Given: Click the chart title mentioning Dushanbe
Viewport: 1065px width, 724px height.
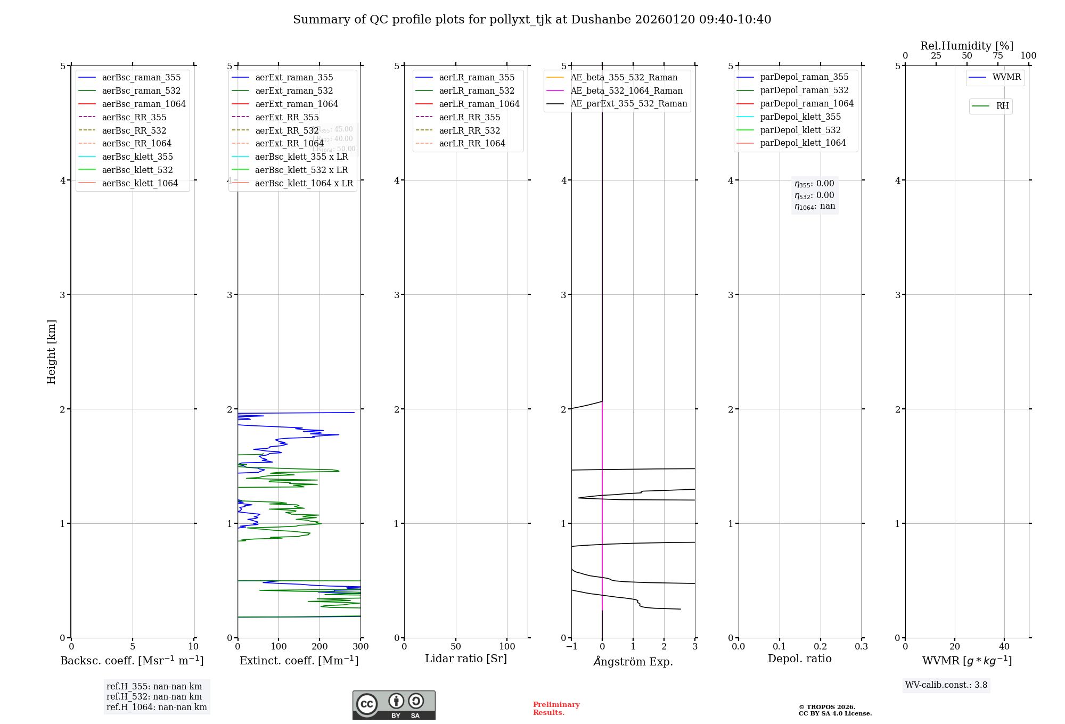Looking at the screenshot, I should coord(532,20).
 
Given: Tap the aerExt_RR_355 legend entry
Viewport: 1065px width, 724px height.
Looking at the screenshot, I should coord(287,117).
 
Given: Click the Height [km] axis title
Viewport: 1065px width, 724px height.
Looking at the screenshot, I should coord(51,352).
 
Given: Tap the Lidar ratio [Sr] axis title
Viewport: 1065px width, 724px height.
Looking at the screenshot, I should coord(466,659).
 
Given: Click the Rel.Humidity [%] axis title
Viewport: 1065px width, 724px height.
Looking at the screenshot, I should coord(966,46).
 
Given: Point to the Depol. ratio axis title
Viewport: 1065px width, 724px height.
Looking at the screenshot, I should coord(799,659).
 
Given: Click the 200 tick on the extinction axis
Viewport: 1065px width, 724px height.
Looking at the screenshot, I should coord(319,647).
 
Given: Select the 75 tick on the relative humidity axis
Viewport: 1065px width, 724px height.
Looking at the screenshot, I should coord(997,56).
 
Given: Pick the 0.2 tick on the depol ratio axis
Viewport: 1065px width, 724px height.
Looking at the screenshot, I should coord(821,647).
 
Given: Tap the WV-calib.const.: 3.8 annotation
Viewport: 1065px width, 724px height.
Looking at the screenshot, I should coord(946,685).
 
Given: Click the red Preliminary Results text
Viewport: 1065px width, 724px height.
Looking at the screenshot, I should coord(556,709).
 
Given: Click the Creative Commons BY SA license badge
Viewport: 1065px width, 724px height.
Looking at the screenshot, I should coord(394,705).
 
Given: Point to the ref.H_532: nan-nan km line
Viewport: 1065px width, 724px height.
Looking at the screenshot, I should coord(154,697).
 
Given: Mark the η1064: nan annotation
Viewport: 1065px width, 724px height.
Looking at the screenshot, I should coord(815,207).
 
